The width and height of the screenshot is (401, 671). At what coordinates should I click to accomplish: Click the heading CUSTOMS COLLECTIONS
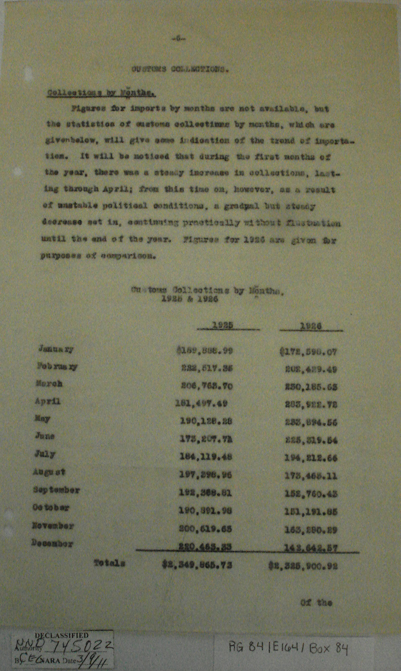click(x=180, y=69)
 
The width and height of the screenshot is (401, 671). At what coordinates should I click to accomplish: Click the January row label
click(x=56, y=349)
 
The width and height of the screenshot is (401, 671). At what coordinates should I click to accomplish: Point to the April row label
click(x=47, y=401)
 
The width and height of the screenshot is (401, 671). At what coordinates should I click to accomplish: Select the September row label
click(x=56, y=490)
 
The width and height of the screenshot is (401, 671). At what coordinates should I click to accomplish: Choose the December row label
click(x=52, y=543)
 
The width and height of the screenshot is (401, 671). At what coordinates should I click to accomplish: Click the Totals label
click(x=109, y=563)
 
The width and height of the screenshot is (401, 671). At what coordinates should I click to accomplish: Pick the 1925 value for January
click(x=205, y=351)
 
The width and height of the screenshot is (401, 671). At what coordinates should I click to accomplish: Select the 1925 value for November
click(x=206, y=529)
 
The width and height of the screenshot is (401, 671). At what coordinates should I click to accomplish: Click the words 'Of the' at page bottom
click(x=316, y=602)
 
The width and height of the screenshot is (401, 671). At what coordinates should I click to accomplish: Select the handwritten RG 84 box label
click(x=288, y=650)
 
